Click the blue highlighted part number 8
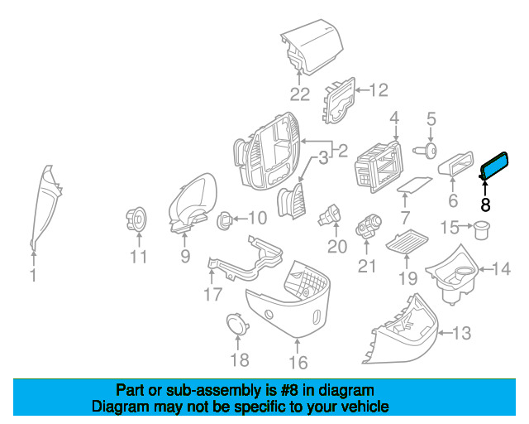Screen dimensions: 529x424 494,166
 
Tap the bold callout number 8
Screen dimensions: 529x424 485,205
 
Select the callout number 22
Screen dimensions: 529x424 299,94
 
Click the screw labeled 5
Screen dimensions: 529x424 426,151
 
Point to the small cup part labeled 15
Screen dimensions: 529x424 482,229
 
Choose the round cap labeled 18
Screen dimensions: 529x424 238,324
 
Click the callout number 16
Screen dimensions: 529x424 298,363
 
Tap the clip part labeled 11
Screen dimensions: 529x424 136,219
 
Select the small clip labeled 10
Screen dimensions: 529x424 225,220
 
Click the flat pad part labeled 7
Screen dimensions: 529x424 415,185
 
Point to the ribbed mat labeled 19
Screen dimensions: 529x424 407,242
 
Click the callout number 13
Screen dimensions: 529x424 461,333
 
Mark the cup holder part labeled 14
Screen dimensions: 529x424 452,275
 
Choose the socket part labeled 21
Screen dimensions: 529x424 368,226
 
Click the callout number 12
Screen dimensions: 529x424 379,90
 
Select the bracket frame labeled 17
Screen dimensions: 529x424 245,260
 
